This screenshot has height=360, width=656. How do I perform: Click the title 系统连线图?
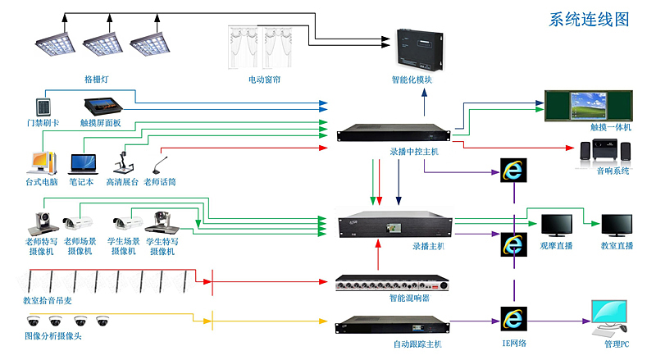tap(589, 19)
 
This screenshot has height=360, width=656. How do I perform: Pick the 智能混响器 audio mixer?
tap(389, 283)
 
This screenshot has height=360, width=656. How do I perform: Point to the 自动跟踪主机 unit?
tap(389, 326)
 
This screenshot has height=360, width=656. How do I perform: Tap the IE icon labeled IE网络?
tap(514, 319)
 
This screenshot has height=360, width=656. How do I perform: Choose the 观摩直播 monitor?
tap(556, 226)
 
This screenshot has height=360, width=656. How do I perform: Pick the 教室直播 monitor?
tap(617, 226)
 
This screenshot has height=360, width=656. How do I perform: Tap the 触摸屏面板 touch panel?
tap(102, 107)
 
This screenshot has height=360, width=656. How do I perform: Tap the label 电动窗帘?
tap(264, 80)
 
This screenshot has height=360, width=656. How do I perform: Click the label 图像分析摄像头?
tap(53, 336)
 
